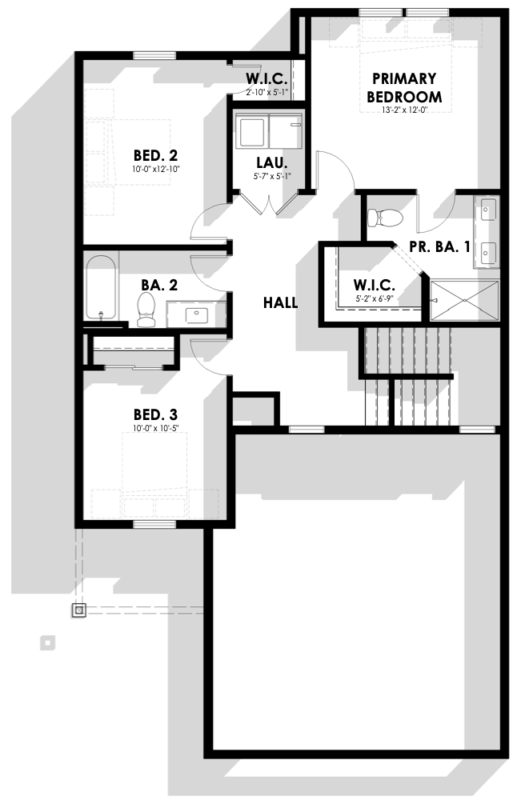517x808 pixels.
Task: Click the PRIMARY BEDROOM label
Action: [404, 88]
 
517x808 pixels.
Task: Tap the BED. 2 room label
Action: [155, 155]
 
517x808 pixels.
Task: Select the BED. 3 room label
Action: [155, 414]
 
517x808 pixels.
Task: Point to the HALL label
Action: [280, 302]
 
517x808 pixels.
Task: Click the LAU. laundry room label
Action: [272, 163]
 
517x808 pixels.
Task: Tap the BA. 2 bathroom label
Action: [159, 285]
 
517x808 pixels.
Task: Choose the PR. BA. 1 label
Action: [439, 247]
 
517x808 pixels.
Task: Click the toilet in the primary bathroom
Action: [386, 218]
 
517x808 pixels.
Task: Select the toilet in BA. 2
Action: [146, 310]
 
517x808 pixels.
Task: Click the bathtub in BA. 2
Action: [101, 287]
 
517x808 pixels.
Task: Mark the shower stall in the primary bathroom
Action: [464, 301]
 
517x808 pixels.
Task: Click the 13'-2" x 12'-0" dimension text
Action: [405, 110]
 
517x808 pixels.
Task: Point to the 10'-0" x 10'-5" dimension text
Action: [155, 428]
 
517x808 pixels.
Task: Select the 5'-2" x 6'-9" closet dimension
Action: [375, 298]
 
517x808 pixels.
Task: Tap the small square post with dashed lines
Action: [78, 610]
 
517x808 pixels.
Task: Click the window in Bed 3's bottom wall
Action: [154, 525]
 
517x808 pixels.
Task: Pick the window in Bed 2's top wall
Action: [154, 56]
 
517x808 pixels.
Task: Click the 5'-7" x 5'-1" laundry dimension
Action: [272, 176]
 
